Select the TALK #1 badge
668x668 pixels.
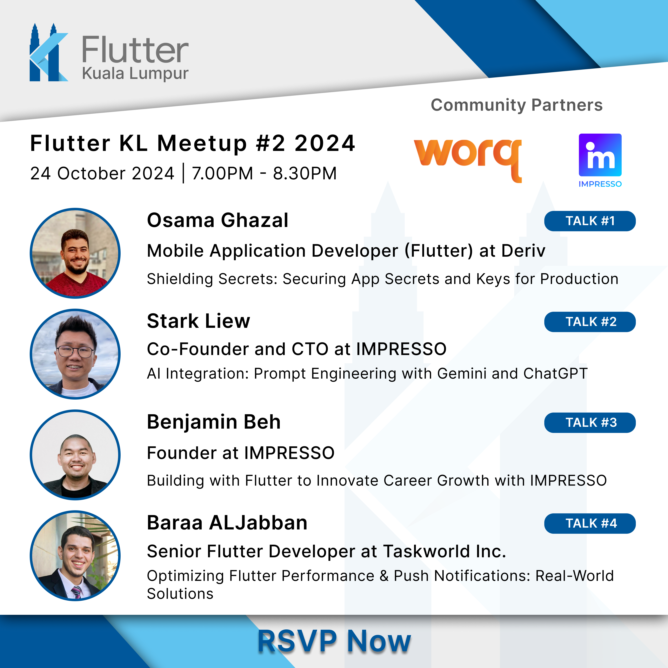tap(590, 221)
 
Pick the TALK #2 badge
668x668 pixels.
tap(590, 322)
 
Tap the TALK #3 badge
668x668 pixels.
tap(590, 422)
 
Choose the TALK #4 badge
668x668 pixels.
tap(590, 523)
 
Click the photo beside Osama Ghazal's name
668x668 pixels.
tap(75, 253)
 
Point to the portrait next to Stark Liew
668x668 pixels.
tap(75, 354)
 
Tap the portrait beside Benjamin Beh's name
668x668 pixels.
tap(75, 455)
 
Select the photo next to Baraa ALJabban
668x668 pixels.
tap(75, 556)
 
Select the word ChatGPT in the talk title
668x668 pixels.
tap(555, 373)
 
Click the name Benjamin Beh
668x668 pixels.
tap(214, 422)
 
